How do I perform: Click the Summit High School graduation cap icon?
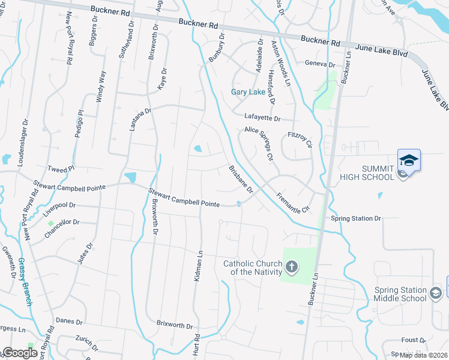click(409, 161)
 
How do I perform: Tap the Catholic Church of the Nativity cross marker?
click(291, 266)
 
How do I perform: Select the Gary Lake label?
click(249, 92)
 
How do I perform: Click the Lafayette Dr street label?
click(262, 118)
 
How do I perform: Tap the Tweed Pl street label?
click(62, 169)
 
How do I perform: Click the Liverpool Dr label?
click(59, 208)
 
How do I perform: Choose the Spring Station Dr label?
click(356, 218)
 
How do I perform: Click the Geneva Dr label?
click(319, 64)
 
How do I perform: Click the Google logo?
click(20, 353)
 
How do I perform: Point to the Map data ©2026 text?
click(424, 355)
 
